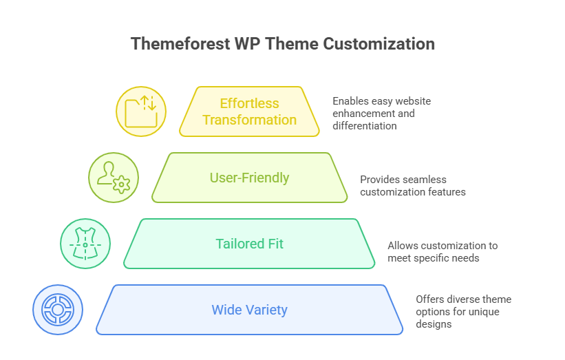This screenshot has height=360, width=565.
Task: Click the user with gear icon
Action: point(114,178)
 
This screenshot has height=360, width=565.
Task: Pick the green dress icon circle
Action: point(85,244)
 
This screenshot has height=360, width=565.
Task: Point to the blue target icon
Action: point(58,310)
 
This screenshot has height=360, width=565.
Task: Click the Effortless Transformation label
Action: point(249,112)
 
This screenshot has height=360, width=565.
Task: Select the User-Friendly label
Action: point(249,178)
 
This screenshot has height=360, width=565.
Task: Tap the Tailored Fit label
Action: point(249,244)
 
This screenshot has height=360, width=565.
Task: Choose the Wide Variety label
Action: point(249,310)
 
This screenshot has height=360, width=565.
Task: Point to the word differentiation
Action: point(364,125)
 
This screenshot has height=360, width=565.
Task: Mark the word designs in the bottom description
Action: point(434,324)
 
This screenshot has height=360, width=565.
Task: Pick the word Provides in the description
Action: point(380,179)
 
